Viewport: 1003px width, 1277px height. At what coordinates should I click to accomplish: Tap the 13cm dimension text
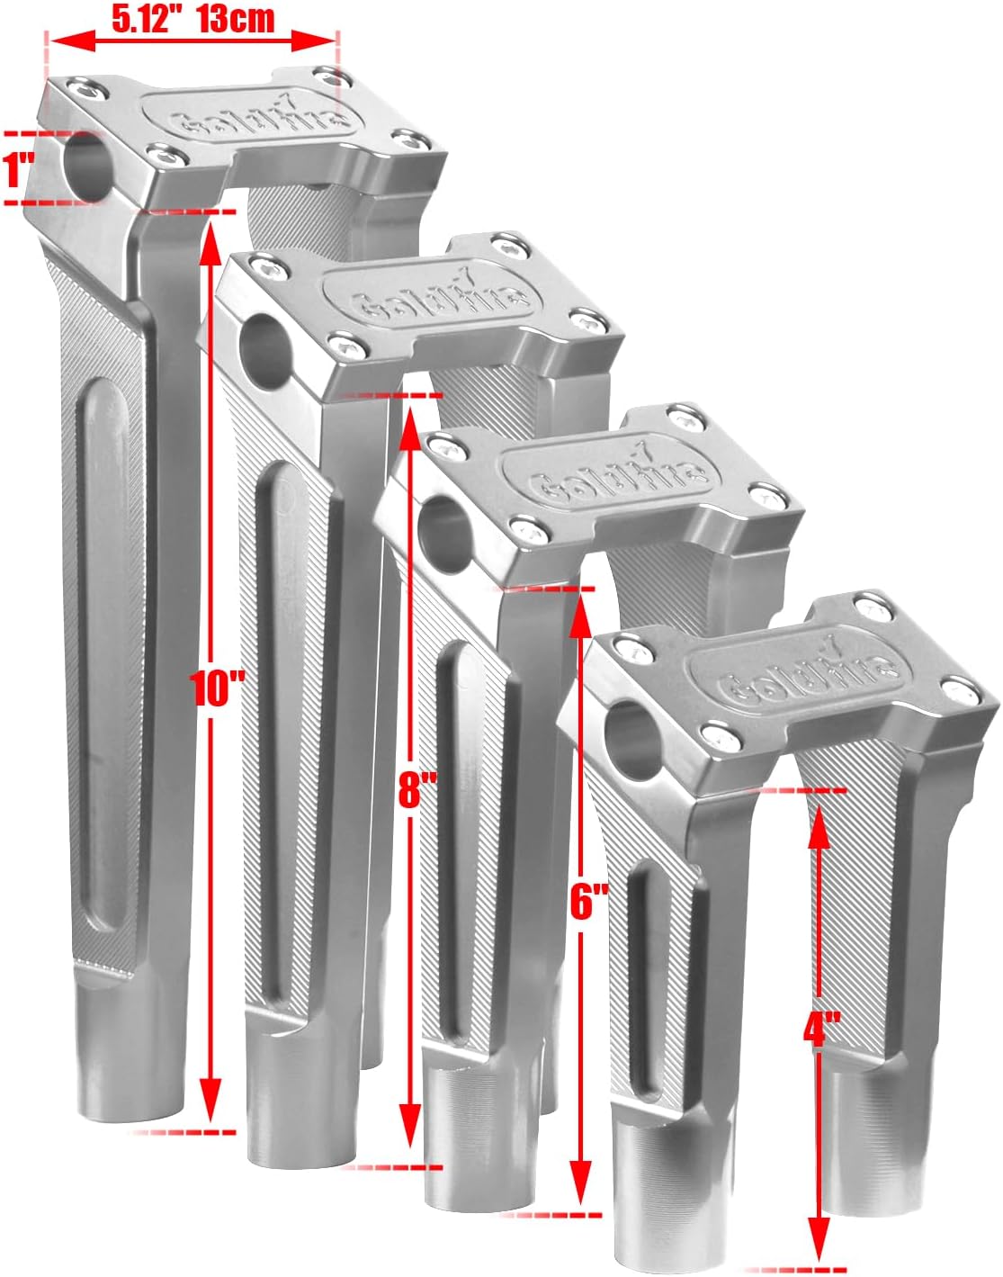click(235, 18)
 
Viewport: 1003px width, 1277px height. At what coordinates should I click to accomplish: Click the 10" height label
click(218, 688)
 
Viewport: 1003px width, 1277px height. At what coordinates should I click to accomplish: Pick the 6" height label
click(588, 900)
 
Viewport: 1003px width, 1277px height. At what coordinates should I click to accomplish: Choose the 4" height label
click(821, 1028)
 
